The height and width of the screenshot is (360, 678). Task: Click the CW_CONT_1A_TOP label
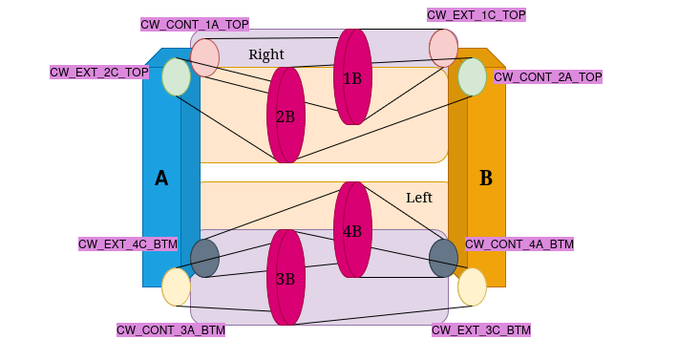(194, 24)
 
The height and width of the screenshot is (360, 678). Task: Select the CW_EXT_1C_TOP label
(476, 14)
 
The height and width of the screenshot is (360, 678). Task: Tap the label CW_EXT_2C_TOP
(99, 72)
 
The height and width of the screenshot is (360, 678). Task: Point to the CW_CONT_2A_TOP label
(548, 76)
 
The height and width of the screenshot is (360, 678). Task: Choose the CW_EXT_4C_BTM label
(128, 244)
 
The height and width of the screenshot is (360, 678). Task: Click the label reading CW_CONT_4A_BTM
(519, 244)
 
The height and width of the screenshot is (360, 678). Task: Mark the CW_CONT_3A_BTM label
(171, 329)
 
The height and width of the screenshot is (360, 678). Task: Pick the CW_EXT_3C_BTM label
(480, 329)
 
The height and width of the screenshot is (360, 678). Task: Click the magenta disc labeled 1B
(352, 76)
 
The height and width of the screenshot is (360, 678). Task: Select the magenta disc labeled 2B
(286, 116)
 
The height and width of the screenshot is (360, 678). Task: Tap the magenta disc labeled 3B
(286, 278)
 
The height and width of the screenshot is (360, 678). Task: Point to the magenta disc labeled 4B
(352, 230)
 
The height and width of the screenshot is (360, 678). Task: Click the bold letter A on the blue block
(161, 179)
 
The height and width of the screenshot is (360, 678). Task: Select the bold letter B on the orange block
(486, 179)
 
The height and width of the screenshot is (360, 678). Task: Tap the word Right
(266, 54)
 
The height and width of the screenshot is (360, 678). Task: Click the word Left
(419, 198)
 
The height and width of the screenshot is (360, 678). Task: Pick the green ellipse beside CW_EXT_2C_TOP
(176, 77)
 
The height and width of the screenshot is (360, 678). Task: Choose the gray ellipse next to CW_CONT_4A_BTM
(443, 258)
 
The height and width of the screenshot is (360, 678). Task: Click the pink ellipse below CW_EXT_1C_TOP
(443, 48)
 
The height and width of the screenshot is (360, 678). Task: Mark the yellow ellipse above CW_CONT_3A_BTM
(176, 286)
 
